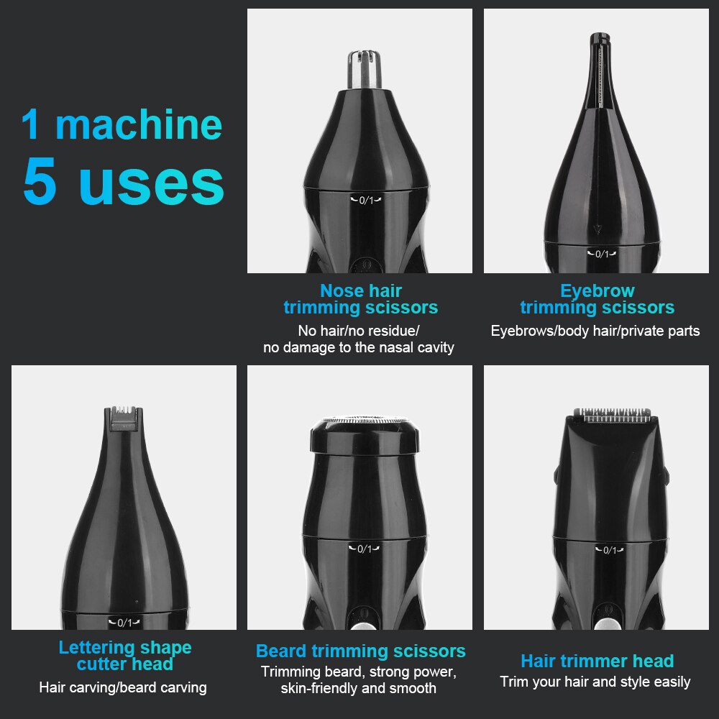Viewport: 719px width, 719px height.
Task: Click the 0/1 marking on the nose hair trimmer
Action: [x=366, y=200]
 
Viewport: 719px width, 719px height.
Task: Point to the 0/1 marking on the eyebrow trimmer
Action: [x=601, y=254]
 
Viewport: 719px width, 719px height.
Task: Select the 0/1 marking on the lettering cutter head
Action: [x=124, y=623]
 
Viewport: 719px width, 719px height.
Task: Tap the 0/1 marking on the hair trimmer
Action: [x=609, y=551]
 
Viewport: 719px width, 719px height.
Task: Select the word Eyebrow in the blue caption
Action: [x=597, y=291]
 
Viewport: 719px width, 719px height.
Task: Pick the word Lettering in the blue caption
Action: [x=96, y=647]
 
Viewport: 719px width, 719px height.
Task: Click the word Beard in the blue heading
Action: [x=281, y=651]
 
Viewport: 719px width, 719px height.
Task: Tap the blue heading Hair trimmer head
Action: [x=597, y=661]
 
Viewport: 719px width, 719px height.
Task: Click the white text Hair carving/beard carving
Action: [x=123, y=688]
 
